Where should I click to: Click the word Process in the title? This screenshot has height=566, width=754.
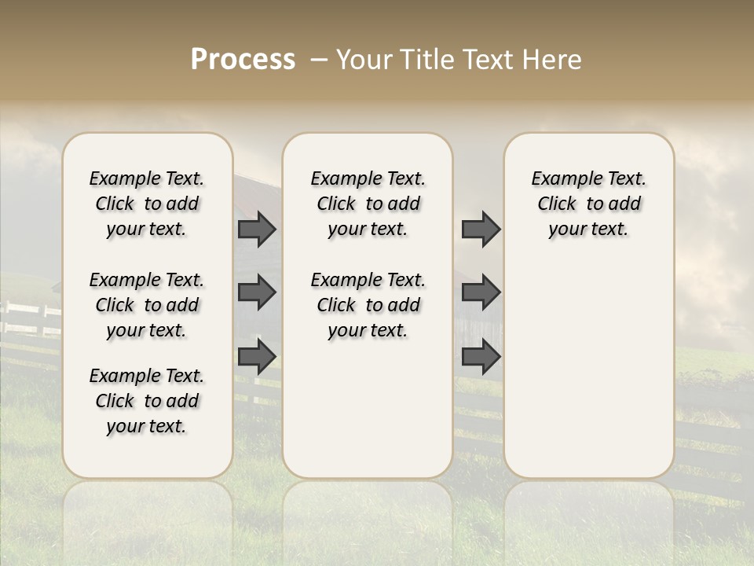pyautogui.click(x=243, y=60)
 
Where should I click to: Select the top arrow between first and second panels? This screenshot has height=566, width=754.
pyautogui.click(x=257, y=229)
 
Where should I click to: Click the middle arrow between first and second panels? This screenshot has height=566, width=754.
pyautogui.click(x=257, y=292)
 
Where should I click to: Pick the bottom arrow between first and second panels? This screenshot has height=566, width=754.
pyautogui.click(x=257, y=357)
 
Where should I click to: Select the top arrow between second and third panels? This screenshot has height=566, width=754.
pyautogui.click(x=481, y=229)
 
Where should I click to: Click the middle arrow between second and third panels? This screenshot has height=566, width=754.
pyautogui.click(x=481, y=292)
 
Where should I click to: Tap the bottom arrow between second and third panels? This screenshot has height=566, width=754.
pyautogui.click(x=481, y=357)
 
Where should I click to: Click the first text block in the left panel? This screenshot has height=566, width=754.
pyautogui.click(x=147, y=204)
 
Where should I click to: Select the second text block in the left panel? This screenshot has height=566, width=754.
pyautogui.click(x=147, y=305)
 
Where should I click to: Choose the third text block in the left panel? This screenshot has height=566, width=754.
pyautogui.click(x=147, y=401)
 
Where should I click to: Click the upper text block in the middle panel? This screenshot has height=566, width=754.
pyautogui.click(x=368, y=204)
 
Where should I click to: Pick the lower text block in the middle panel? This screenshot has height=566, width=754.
pyautogui.click(x=368, y=305)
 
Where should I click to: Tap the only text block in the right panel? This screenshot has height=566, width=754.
pyautogui.click(x=588, y=204)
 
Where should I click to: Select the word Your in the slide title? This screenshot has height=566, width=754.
pyautogui.click(x=362, y=60)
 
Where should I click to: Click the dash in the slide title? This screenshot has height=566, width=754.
pyautogui.click(x=318, y=60)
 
